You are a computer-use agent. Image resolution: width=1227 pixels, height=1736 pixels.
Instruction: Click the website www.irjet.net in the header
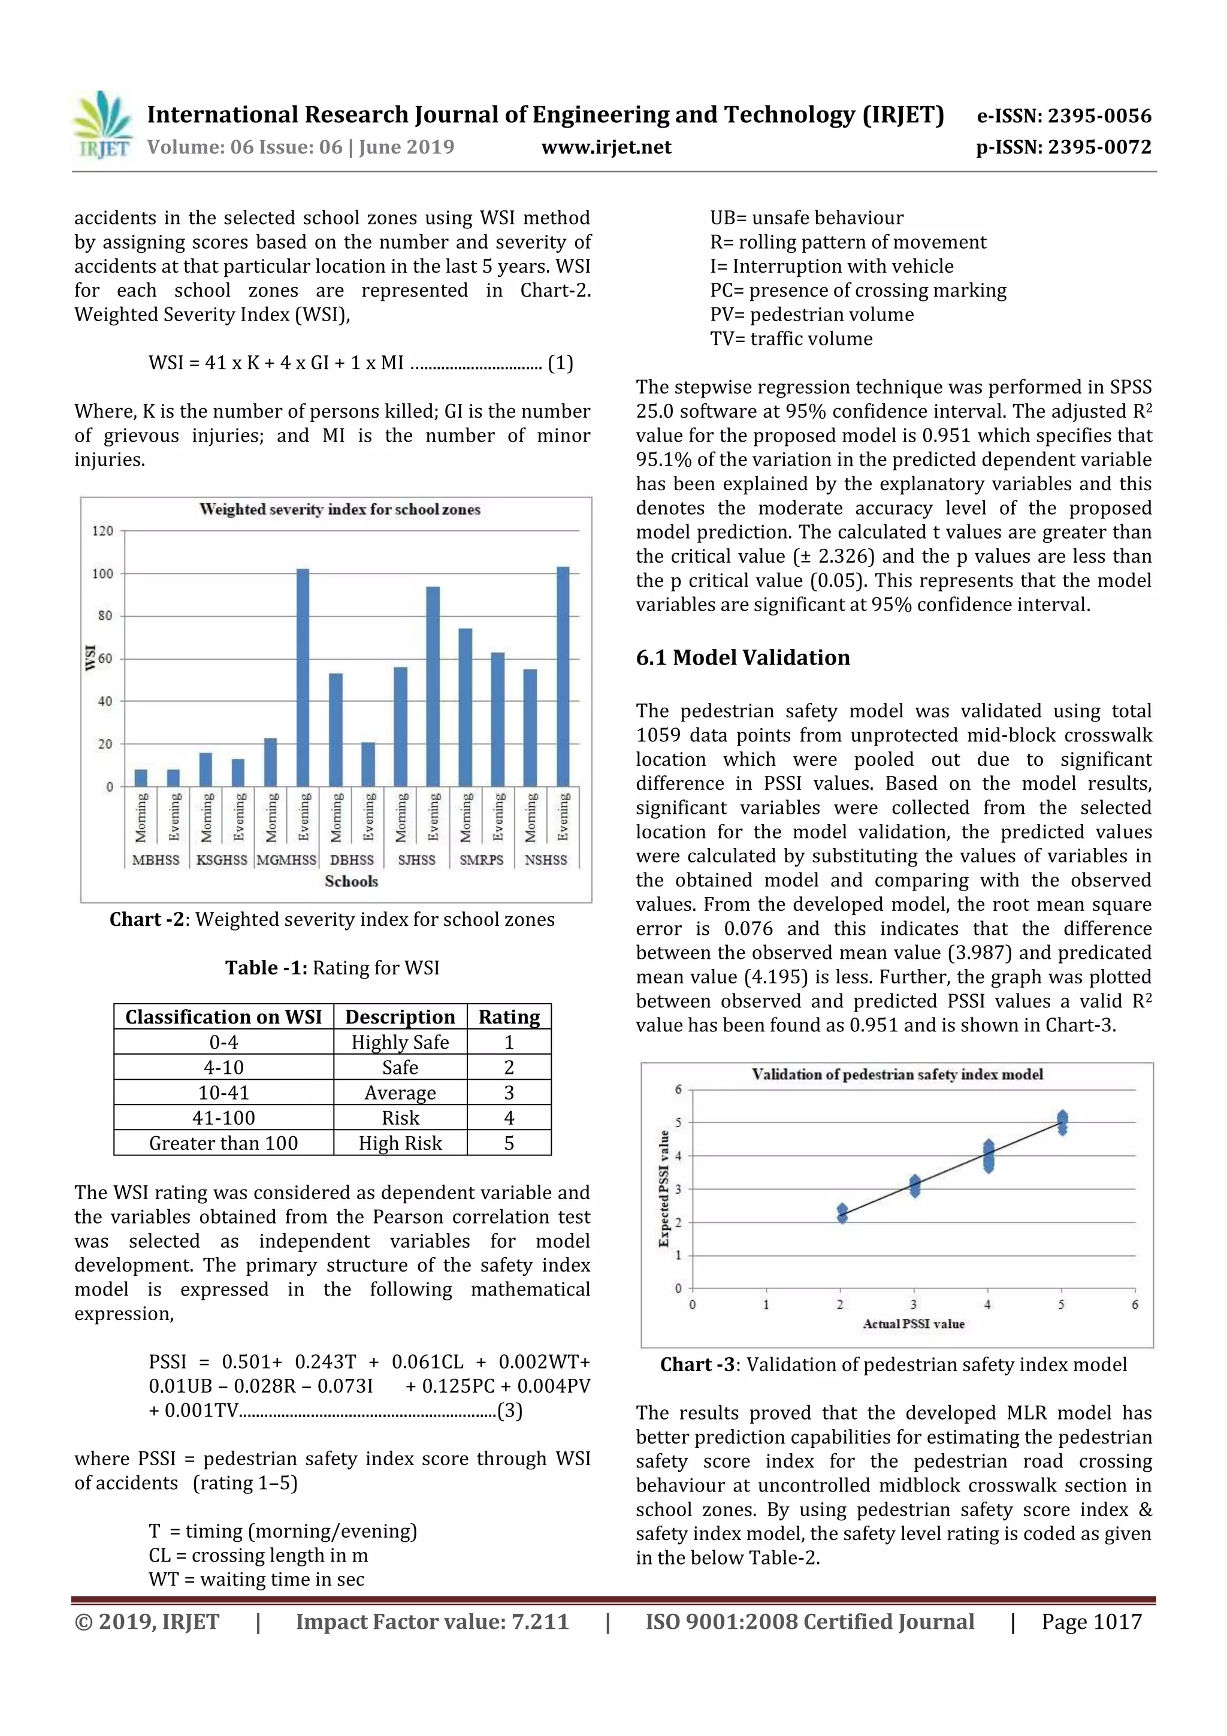click(606, 147)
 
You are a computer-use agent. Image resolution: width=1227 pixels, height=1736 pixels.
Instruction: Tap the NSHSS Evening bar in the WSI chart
click(563, 676)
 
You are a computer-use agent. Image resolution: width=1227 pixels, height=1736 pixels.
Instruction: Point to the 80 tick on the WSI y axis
click(104, 615)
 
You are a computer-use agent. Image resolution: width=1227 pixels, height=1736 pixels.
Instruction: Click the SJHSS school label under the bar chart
click(416, 860)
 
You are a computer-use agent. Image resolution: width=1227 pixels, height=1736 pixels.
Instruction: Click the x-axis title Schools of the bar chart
click(351, 881)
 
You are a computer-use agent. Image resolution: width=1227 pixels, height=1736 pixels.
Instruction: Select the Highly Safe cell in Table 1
click(400, 1042)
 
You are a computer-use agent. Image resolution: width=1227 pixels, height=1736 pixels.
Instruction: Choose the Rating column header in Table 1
click(509, 1016)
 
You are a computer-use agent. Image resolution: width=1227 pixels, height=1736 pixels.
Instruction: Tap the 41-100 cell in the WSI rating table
click(224, 1118)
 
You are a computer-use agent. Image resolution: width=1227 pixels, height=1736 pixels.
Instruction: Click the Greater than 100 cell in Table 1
click(224, 1143)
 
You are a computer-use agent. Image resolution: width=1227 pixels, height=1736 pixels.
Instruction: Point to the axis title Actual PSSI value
click(913, 1323)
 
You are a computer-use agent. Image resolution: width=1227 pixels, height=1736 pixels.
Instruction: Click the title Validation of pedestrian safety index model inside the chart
click(897, 1074)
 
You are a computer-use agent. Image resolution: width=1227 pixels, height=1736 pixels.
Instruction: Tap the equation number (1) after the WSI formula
click(560, 363)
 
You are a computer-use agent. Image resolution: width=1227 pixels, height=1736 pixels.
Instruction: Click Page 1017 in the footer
click(1091, 1621)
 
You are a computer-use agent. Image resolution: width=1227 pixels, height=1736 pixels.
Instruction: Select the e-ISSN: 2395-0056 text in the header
click(1063, 116)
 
